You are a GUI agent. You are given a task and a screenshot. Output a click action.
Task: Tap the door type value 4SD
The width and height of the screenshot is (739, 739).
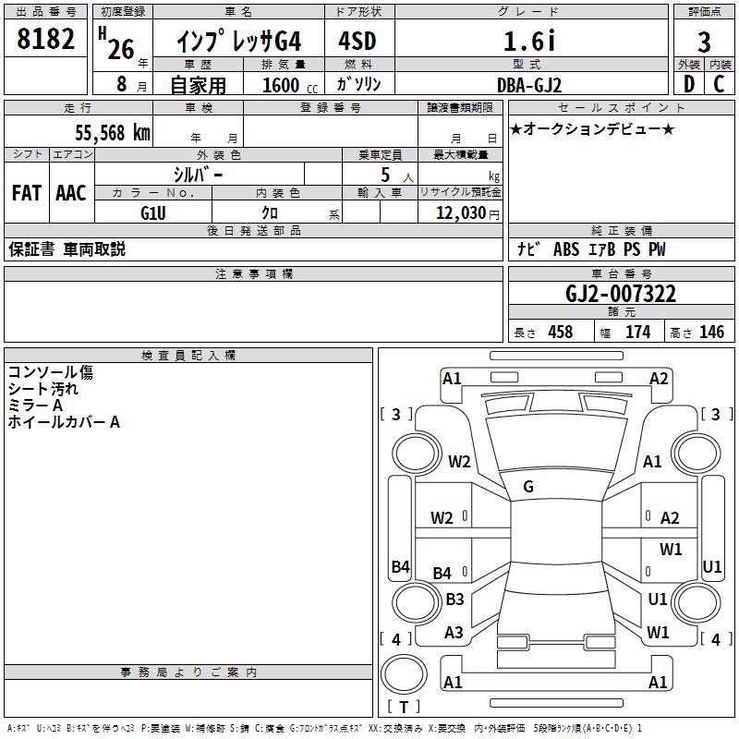(357, 41)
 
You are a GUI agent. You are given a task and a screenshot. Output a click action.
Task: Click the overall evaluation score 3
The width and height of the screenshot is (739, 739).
(704, 42)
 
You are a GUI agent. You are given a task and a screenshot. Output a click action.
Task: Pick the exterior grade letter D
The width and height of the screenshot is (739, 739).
(688, 83)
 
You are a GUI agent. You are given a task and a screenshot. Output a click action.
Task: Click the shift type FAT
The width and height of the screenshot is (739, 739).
(26, 192)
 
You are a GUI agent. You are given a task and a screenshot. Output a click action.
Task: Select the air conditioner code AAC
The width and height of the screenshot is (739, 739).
(70, 192)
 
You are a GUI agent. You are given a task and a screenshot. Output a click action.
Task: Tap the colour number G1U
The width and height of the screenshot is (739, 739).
(152, 212)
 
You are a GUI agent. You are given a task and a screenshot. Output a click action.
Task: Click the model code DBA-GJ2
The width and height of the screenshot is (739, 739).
(527, 84)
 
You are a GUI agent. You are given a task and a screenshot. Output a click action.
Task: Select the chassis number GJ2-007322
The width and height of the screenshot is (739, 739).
(621, 295)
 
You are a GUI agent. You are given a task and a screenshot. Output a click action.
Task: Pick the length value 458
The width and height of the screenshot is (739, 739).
(560, 333)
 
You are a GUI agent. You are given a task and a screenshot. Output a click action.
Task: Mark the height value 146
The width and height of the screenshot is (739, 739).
(711, 333)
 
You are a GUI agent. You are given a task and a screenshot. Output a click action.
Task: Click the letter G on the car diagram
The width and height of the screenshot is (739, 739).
(527, 487)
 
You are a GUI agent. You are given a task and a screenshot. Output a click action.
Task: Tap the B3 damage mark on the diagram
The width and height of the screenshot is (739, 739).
(454, 600)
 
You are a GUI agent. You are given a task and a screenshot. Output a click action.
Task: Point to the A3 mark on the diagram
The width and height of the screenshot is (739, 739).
(454, 633)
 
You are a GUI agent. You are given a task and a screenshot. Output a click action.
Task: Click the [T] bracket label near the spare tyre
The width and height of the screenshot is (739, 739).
(403, 708)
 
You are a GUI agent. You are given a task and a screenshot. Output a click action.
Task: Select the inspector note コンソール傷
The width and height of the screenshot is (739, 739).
(51, 372)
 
